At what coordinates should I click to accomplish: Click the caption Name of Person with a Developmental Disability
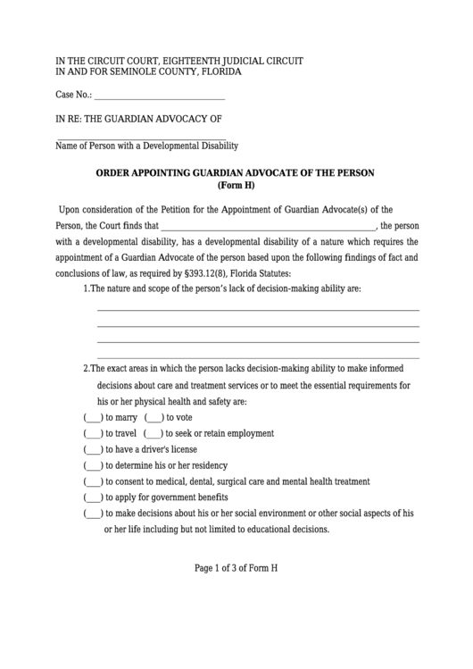(x=146, y=146)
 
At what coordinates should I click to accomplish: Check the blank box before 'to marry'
(x=93, y=417)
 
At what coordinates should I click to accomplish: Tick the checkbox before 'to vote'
(x=153, y=417)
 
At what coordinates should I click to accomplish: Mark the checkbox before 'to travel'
(x=93, y=433)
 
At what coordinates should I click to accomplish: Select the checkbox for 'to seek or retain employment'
(x=153, y=433)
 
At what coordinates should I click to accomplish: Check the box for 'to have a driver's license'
(x=93, y=449)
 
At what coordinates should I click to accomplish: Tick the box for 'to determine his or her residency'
(x=93, y=465)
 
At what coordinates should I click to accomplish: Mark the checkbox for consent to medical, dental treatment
(x=93, y=481)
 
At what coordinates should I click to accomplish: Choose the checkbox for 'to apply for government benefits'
(x=93, y=498)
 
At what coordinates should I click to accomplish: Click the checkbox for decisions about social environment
(x=93, y=514)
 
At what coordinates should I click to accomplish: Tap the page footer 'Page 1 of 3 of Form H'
(x=236, y=568)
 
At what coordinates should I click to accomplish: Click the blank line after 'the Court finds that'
(x=269, y=226)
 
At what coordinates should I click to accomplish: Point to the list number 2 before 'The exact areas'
(x=86, y=369)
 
